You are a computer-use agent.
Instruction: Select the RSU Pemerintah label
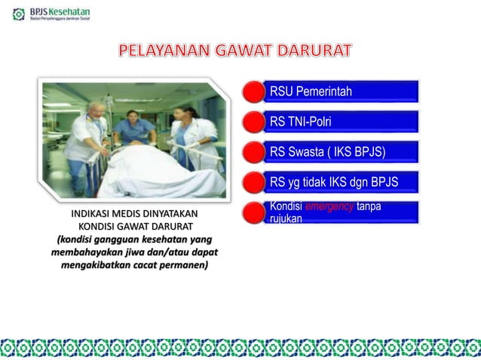311,92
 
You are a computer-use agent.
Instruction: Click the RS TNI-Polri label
300,122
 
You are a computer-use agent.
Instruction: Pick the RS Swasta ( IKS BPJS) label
327,152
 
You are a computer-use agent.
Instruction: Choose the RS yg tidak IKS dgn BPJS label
333,182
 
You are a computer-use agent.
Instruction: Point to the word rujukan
286,218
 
